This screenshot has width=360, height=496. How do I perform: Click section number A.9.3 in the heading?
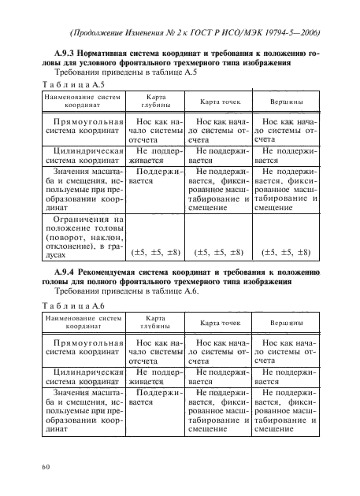pyautogui.click(x=54, y=52)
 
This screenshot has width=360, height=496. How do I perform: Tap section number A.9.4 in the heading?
pyautogui.click(x=54, y=272)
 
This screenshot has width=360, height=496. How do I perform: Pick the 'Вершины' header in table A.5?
pyautogui.click(x=287, y=102)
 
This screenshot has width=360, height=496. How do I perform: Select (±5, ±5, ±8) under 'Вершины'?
pyautogui.click(x=287, y=253)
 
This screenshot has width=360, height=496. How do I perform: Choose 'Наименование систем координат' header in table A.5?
pyautogui.click(x=78, y=102)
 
